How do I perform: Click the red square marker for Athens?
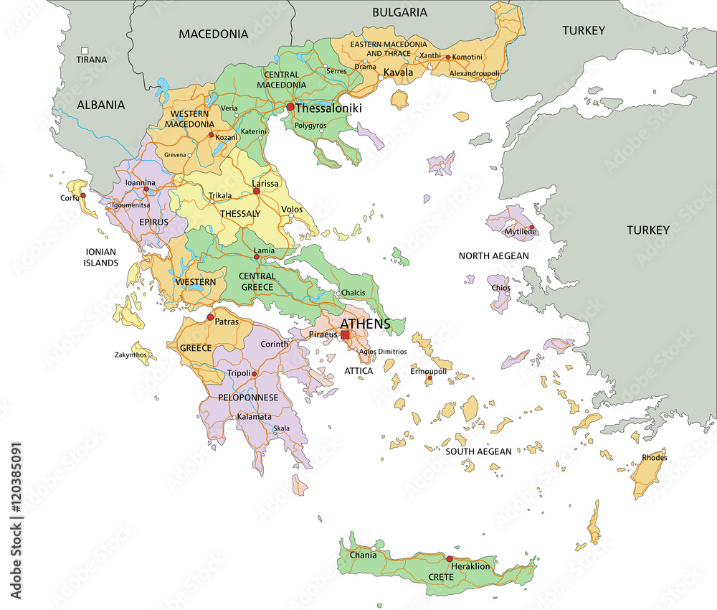[345, 334]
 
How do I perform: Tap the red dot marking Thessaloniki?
[290, 107]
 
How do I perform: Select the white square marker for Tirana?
[85, 50]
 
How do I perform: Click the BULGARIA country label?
[399, 12]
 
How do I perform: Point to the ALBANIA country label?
[101, 105]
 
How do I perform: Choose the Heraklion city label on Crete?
[470, 566]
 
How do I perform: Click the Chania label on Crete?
[364, 555]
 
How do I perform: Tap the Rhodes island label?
[654, 457]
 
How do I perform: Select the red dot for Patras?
[210, 317]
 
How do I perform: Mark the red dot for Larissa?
[256, 192]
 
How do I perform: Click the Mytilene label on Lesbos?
[521, 231]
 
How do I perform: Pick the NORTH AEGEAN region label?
[494, 255]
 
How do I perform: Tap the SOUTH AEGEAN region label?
[479, 451]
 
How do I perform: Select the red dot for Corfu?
[83, 195]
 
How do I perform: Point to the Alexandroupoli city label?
[474, 73]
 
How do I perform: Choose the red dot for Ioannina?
[146, 190]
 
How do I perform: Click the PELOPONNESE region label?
[249, 397]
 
